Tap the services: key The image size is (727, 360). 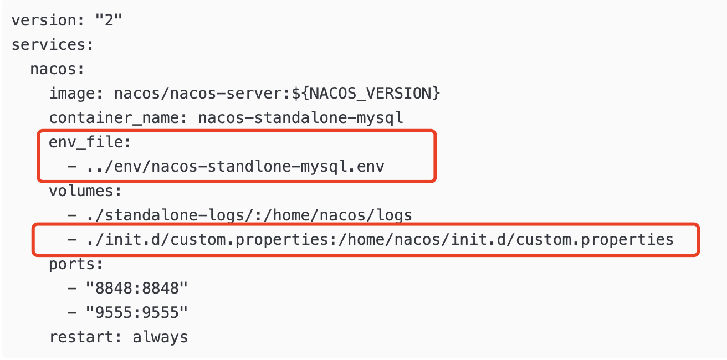click(x=53, y=45)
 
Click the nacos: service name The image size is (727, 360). click(x=57, y=69)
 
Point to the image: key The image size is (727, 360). click(x=76, y=94)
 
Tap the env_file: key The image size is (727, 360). click(x=90, y=142)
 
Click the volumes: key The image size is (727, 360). click(x=85, y=191)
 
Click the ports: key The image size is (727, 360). click(x=76, y=264)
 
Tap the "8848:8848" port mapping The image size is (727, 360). click(x=137, y=289)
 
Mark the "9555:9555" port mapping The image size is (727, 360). click(x=137, y=313)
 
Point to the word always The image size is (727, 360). click(x=160, y=337)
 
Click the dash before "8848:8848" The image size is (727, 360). click(x=71, y=289)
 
